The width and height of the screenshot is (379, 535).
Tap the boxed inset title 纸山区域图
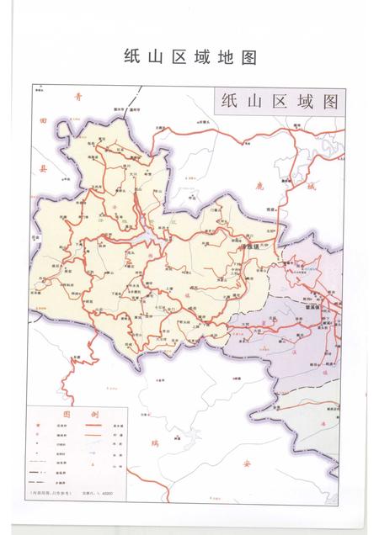coord(279,102)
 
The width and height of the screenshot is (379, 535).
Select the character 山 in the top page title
coord(161,57)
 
